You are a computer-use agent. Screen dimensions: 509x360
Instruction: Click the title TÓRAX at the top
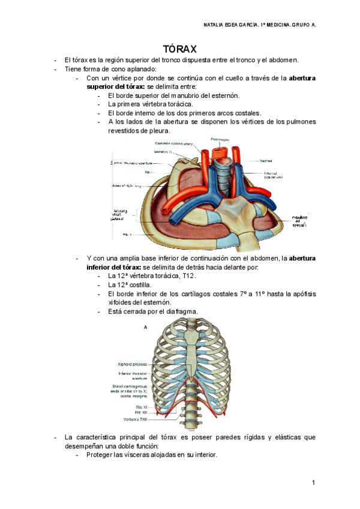tap(180, 49)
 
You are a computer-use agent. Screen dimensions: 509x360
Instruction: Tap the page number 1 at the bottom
tap(313, 483)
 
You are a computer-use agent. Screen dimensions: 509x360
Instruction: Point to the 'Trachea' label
tap(267, 160)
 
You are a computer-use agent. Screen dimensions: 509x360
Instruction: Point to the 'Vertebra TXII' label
tap(136, 418)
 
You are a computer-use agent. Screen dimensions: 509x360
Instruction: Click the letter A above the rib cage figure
tap(145, 328)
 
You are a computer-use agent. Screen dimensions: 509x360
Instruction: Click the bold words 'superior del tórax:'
tap(116, 86)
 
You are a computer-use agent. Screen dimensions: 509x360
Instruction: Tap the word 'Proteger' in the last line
tap(100, 454)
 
